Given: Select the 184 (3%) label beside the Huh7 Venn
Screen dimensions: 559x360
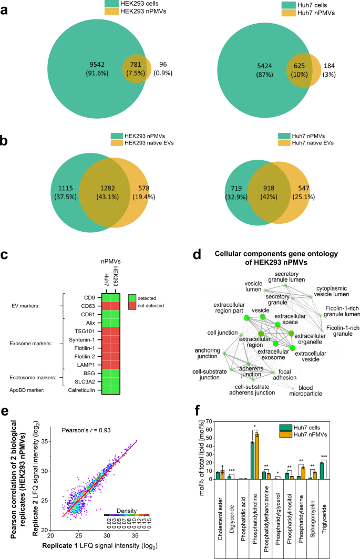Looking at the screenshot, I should (x=336, y=68).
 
